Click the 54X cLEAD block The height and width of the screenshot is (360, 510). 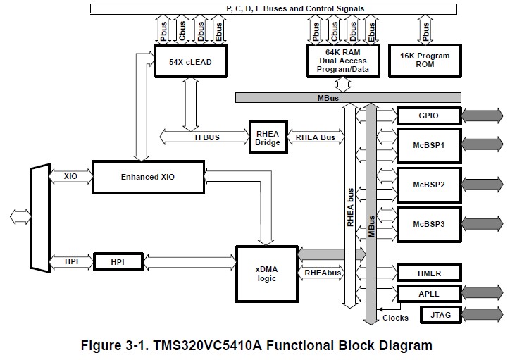click(x=190, y=61)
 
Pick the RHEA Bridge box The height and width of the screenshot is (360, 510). click(x=268, y=137)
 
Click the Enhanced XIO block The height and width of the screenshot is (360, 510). click(x=148, y=176)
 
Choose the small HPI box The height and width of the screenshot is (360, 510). click(x=118, y=261)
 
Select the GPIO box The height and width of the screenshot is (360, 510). click(x=430, y=115)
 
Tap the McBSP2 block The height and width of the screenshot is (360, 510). click(x=430, y=184)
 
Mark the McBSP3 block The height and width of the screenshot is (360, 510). click(x=430, y=223)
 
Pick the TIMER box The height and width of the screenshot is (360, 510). click(x=430, y=273)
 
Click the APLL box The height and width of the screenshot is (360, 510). click(x=430, y=293)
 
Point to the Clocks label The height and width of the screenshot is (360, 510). click(x=395, y=318)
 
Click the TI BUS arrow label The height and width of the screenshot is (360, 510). click(x=206, y=137)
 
